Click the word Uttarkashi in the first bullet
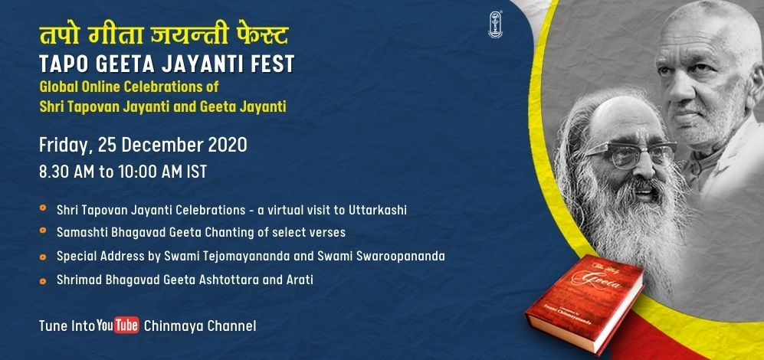point(378,210)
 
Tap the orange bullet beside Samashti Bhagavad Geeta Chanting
point(44,231)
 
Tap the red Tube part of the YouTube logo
point(126,325)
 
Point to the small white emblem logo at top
point(496,25)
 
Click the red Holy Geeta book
point(585,302)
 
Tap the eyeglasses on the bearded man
point(628,152)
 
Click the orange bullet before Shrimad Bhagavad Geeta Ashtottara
point(44,280)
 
